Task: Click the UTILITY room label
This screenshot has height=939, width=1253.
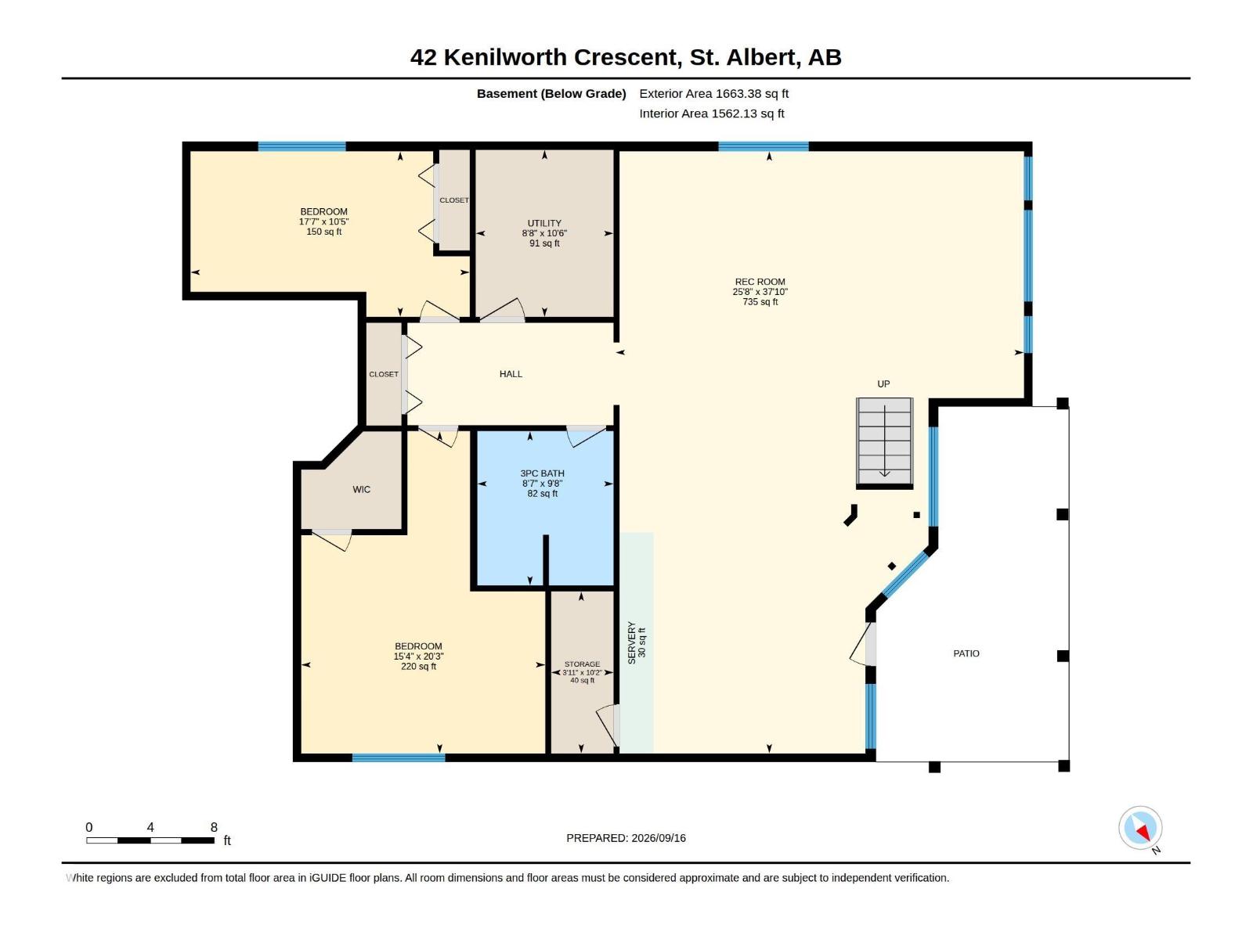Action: tap(544, 223)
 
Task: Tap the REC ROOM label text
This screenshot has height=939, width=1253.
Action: tap(760, 282)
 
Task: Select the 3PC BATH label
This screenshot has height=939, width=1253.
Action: tap(542, 473)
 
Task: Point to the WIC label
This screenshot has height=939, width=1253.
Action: tap(361, 489)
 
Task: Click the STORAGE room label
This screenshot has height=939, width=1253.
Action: tap(583, 664)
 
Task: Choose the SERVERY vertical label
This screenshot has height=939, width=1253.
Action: tap(632, 642)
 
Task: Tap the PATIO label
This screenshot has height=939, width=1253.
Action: tap(966, 653)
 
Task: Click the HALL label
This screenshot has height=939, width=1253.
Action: tap(511, 374)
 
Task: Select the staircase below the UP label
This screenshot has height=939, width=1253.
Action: tap(884, 443)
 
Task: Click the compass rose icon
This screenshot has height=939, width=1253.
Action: tap(1140, 828)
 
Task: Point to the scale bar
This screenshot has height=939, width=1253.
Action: tap(150, 840)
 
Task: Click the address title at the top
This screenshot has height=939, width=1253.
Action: tap(626, 57)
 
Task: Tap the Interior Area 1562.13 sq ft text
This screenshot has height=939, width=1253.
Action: tap(711, 113)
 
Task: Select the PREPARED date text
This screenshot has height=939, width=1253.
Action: tap(626, 837)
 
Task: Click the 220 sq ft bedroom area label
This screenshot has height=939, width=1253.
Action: tap(418, 667)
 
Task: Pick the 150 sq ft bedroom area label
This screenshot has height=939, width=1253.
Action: tap(323, 232)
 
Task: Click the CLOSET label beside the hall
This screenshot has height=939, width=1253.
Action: tap(384, 374)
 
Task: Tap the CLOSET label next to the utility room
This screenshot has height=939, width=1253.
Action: tap(453, 200)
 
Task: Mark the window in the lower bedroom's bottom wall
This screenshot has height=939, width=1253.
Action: tap(399, 757)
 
